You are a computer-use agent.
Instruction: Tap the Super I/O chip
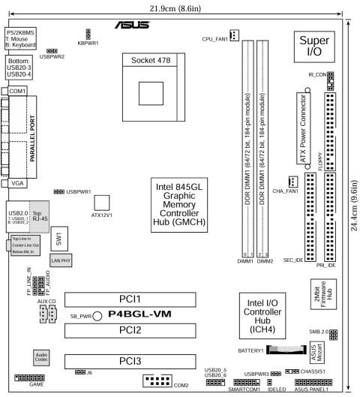(x=313, y=47)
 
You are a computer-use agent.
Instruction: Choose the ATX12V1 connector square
(x=102, y=203)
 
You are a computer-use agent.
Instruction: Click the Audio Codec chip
(x=43, y=356)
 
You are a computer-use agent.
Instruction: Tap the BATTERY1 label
(x=253, y=350)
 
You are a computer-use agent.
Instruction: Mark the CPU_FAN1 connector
(x=234, y=35)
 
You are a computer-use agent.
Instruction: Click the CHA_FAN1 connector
(x=293, y=182)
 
